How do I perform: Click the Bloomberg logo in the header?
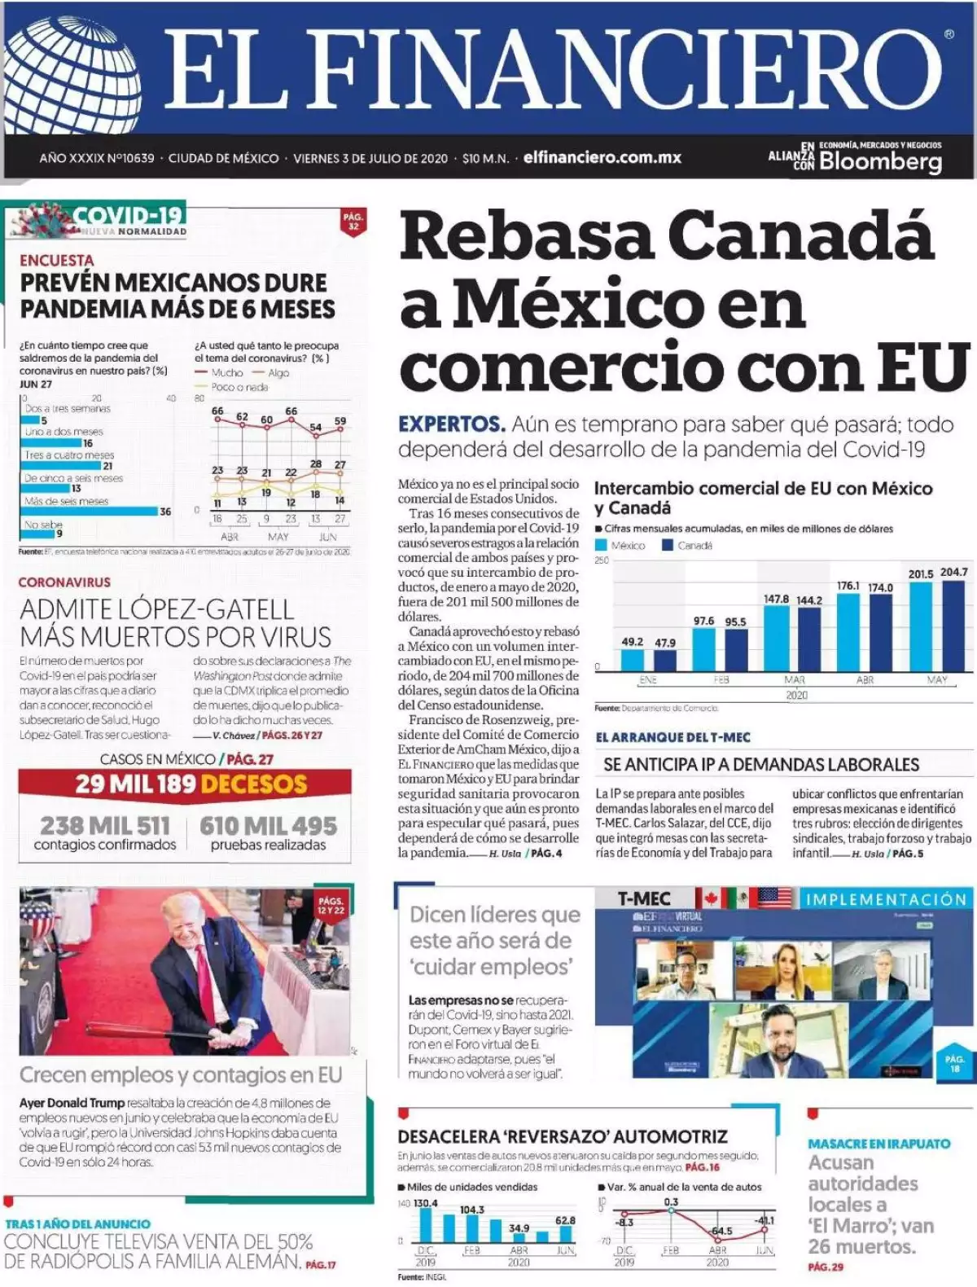click(880, 160)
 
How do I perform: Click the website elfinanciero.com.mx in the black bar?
click(602, 157)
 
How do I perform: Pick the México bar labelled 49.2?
click(632, 660)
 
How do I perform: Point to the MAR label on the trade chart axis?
click(795, 679)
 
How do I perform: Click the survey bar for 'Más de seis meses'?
click(90, 512)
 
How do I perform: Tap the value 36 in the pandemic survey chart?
click(165, 512)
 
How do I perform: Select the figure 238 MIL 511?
click(105, 825)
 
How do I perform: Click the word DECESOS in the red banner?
click(253, 784)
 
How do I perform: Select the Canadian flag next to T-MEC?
click(709, 898)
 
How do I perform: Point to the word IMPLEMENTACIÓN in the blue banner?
click(885, 899)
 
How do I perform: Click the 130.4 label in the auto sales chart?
click(425, 1203)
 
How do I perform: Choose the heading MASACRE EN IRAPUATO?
click(878, 1144)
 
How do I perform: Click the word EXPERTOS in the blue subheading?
click(451, 424)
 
